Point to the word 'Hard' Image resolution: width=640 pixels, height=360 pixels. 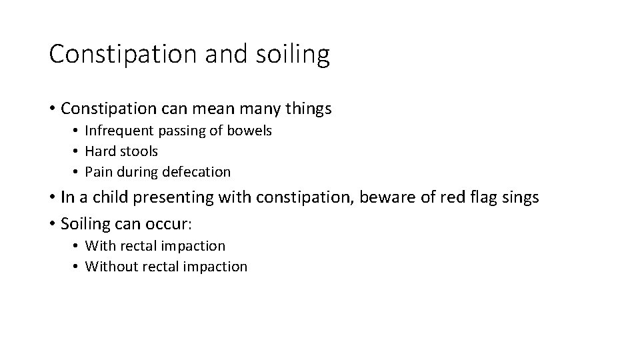click(x=99, y=151)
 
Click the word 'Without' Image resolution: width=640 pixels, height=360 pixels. click(x=109, y=267)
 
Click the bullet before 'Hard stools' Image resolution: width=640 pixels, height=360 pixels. click(x=77, y=151)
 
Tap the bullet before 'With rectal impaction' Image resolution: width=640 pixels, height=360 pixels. click(x=77, y=246)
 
